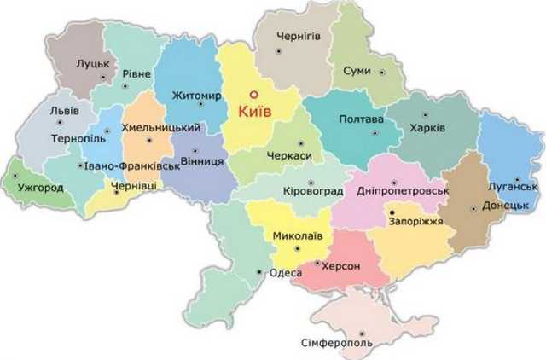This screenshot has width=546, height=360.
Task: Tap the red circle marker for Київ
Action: coord(253,95)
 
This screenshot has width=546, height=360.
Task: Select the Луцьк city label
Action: coord(92,63)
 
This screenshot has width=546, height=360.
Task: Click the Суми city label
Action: coord(357,71)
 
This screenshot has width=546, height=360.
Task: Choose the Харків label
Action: coord(427,126)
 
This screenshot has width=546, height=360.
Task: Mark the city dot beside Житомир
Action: coord(200,105)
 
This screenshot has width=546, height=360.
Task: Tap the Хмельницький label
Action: coord(161,127)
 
